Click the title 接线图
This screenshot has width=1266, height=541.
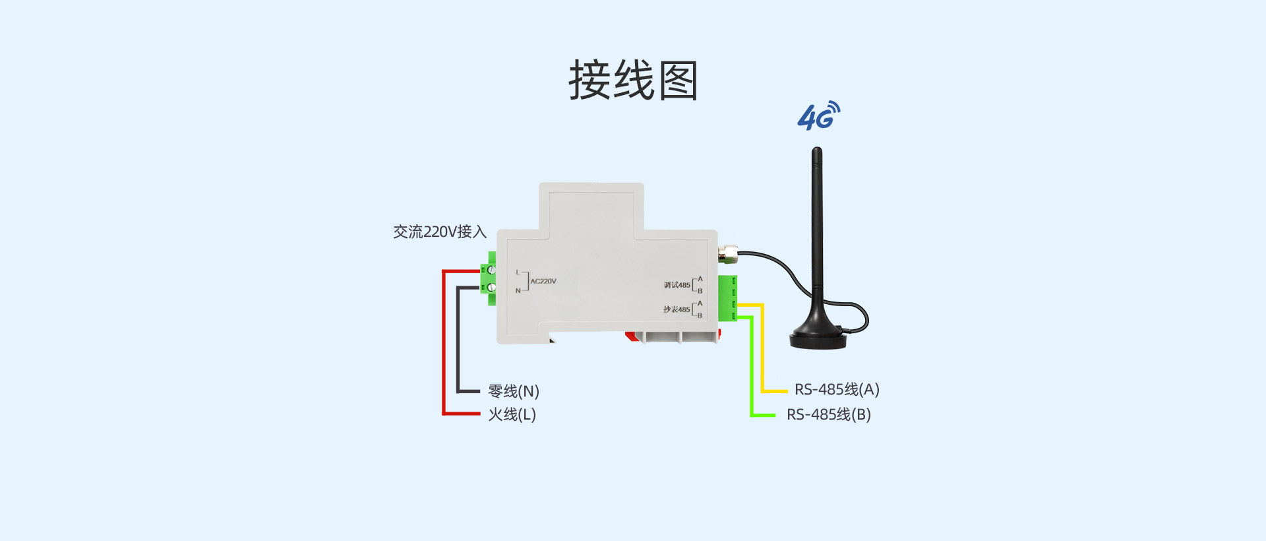(x=633, y=80)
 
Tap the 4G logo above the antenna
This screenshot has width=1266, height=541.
(x=818, y=116)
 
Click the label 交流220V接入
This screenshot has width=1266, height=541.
(x=439, y=232)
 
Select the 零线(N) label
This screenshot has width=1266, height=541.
(x=513, y=391)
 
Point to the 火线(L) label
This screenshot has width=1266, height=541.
(x=512, y=414)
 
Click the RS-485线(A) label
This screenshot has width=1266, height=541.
(x=836, y=389)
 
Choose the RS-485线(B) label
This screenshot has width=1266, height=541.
(x=828, y=414)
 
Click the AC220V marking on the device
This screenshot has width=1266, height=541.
(x=543, y=281)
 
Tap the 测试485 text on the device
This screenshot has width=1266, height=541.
(x=677, y=285)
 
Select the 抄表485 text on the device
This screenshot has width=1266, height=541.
(x=677, y=309)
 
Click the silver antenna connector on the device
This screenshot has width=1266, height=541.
(x=728, y=252)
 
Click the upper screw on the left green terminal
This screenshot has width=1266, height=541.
(x=491, y=270)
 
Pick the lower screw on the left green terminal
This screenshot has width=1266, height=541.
(x=491, y=287)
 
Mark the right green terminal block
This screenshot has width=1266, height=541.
(x=727, y=298)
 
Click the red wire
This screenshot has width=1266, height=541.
(x=444, y=343)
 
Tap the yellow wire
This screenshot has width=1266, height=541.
(x=762, y=350)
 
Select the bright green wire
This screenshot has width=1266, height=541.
(x=752, y=369)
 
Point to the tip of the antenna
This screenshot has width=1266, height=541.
(x=816, y=151)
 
